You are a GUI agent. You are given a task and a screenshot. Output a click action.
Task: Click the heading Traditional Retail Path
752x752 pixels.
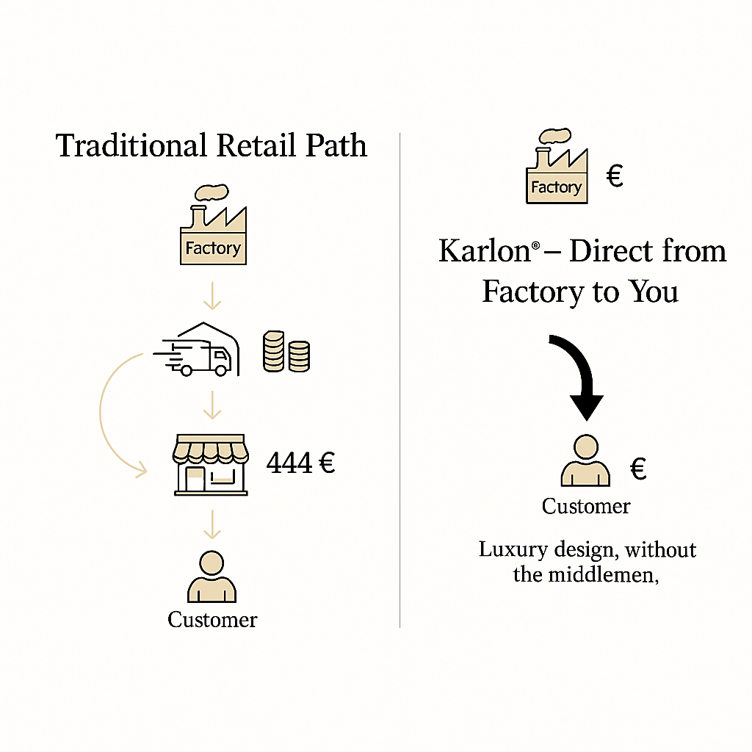211,145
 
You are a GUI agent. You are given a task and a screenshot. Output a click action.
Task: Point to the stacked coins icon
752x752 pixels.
286,351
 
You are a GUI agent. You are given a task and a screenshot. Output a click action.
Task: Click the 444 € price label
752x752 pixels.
300,463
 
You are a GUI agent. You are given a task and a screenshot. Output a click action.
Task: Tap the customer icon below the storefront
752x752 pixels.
212,578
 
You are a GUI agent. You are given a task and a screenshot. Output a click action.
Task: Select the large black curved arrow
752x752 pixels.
580,375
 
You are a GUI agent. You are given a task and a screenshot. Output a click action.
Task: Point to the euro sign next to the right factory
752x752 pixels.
615,177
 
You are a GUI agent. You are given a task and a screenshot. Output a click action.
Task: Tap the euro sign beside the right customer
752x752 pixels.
638,469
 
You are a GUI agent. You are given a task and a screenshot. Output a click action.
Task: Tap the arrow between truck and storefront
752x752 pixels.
212,404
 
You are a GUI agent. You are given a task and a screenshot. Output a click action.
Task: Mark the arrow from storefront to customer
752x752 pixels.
212,523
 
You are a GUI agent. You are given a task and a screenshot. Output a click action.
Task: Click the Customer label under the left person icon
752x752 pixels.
212,620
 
